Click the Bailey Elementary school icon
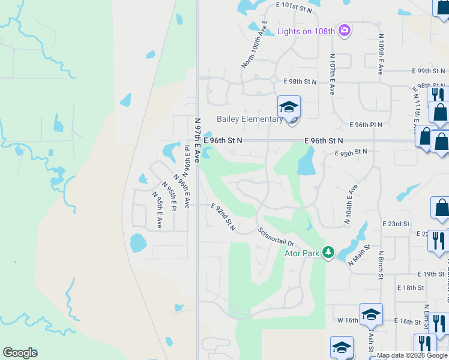coord(289,108)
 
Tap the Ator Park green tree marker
coord(328,251)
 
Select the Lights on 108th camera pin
coord(344,30)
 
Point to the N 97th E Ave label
coord(197,136)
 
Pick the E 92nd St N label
coord(223,217)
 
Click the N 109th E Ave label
coord(381,54)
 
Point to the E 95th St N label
coord(351,152)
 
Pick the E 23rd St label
coord(396,223)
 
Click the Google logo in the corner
coord(20,353)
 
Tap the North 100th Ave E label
coord(254,44)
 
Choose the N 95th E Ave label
coord(157,210)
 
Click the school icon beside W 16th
coord(371,314)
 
